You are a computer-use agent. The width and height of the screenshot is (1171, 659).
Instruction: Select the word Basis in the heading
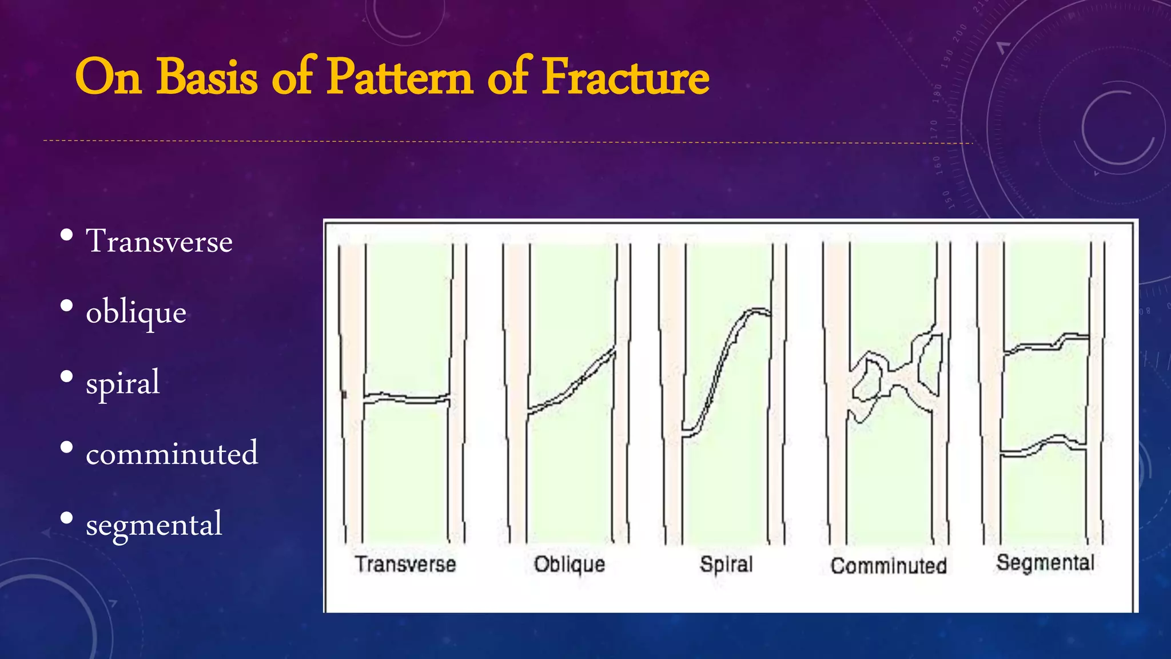206,77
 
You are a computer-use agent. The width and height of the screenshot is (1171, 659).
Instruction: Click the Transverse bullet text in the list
159,241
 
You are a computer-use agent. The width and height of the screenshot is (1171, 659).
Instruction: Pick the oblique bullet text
136,313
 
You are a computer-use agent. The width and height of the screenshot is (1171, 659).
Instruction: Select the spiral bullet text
122,383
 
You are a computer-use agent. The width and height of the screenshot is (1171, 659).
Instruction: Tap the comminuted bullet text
172,454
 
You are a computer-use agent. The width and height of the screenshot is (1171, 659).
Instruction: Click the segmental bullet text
154,524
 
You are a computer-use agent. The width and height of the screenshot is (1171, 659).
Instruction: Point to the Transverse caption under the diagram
405,564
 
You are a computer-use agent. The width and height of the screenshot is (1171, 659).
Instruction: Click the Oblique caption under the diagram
569,564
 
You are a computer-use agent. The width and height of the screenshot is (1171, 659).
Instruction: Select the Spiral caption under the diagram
726,564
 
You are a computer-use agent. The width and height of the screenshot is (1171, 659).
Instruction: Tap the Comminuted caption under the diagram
889,566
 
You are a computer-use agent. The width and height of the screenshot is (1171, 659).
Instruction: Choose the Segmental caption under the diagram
1045,562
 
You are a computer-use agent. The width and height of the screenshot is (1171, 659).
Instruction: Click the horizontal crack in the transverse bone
406,398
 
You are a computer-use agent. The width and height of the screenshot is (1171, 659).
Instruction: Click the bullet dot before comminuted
66,447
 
